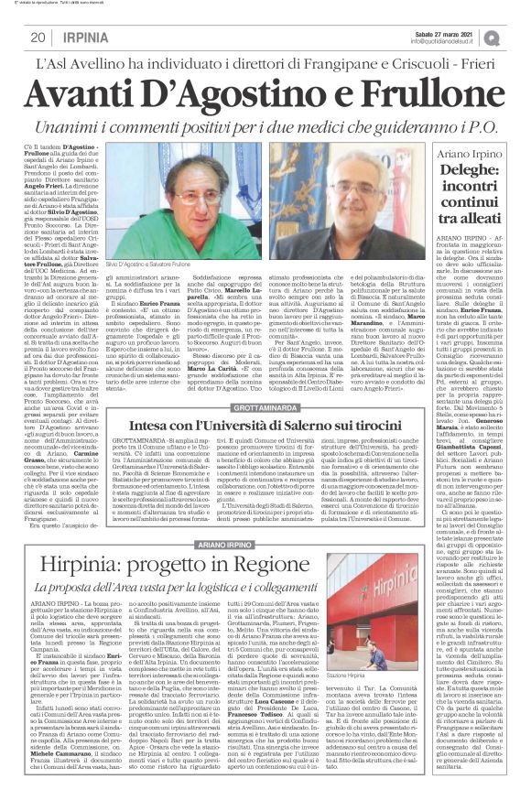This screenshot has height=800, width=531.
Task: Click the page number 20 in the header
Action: click(38, 37)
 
